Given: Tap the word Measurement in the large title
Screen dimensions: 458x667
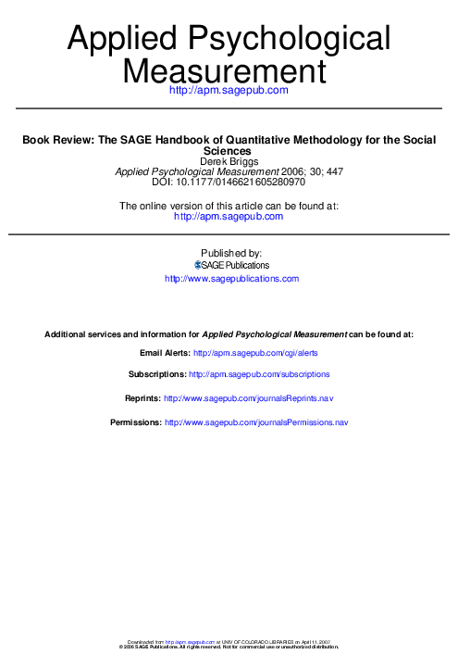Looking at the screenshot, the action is coord(228,70).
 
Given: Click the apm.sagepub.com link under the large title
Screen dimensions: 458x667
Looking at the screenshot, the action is coord(229,90).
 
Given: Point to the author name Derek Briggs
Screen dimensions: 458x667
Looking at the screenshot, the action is coord(229,160).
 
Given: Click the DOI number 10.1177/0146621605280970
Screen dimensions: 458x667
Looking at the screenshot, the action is coord(243,182).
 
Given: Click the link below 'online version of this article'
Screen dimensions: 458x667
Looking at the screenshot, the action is coord(229,216).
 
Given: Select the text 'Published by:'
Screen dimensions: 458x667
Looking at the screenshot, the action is coord(229,252).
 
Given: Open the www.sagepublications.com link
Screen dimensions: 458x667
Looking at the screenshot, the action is coord(231,278).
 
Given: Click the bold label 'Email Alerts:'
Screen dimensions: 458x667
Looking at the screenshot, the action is coord(165,353).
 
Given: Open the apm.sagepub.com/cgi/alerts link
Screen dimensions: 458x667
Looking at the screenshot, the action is coord(254,353).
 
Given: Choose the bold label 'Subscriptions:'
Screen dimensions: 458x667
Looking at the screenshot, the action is coord(156,374).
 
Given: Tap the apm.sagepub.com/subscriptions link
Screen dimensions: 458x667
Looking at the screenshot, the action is coord(259,374).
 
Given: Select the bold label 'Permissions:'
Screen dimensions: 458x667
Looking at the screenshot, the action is coord(135,422).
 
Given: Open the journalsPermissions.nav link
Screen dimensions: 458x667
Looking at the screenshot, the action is coord(255,422).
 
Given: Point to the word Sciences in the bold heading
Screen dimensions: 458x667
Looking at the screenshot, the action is coord(228,150).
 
